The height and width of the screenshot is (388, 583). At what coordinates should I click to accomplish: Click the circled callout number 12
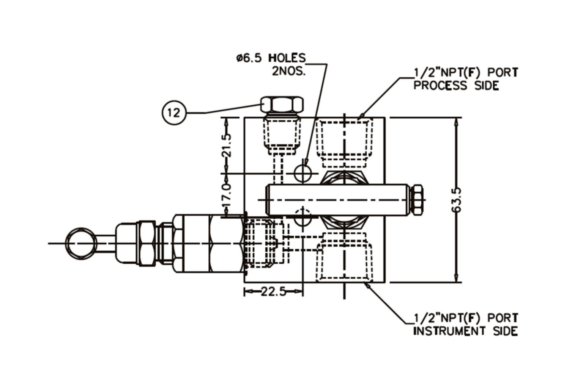point(174,113)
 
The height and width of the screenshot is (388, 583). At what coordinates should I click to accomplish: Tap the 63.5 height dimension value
point(457,200)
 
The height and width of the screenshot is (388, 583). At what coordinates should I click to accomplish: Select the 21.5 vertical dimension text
point(227,145)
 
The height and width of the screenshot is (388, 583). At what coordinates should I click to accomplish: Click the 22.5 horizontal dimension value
point(273,292)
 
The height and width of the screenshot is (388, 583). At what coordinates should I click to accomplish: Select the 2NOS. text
point(288,71)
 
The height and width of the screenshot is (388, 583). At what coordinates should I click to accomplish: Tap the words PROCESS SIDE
point(456,86)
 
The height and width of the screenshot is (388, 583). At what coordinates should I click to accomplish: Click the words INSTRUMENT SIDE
point(465,331)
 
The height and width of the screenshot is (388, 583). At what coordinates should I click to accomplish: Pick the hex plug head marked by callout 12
point(282,104)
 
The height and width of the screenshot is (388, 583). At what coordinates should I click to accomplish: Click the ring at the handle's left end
point(81,243)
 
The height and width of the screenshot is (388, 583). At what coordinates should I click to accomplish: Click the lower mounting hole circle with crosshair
point(303,219)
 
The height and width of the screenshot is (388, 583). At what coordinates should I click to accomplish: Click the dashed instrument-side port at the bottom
point(344,258)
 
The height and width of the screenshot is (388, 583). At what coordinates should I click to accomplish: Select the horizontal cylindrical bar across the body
point(338,200)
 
